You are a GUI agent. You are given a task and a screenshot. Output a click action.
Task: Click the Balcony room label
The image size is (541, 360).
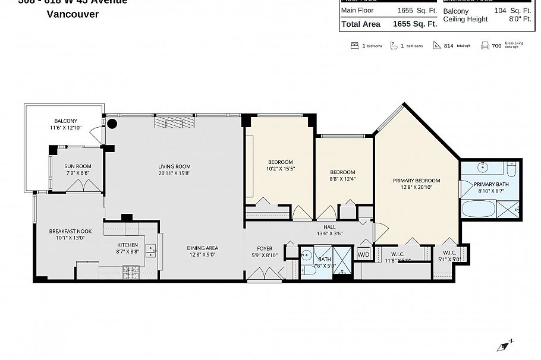66,121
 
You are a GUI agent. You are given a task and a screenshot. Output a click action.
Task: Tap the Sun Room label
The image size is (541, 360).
78,166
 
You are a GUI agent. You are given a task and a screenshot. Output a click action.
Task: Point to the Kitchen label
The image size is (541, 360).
127,245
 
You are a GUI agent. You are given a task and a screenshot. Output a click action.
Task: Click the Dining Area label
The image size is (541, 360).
202,248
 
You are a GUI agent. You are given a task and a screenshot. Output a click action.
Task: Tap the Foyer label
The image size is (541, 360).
265,248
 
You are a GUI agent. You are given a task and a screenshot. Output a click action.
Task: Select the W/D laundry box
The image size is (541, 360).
363,255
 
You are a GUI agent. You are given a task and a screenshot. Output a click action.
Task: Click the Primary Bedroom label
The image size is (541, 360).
416,181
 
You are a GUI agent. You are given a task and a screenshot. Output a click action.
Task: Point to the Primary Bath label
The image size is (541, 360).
491,184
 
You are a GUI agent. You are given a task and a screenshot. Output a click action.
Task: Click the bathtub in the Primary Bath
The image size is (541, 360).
478,209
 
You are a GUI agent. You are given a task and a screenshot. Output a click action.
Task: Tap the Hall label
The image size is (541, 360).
329,227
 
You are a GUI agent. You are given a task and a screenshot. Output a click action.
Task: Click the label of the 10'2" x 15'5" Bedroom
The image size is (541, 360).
280,162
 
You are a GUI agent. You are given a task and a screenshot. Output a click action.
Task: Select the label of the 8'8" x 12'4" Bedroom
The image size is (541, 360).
342,172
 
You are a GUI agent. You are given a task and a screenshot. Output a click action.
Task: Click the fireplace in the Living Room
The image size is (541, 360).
174,122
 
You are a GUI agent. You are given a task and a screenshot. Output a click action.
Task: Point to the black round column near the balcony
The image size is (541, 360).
112,124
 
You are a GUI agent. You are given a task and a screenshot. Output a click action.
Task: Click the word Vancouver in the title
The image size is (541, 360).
73,14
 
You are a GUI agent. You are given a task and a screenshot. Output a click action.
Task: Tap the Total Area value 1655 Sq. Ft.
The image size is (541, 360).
414,24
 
